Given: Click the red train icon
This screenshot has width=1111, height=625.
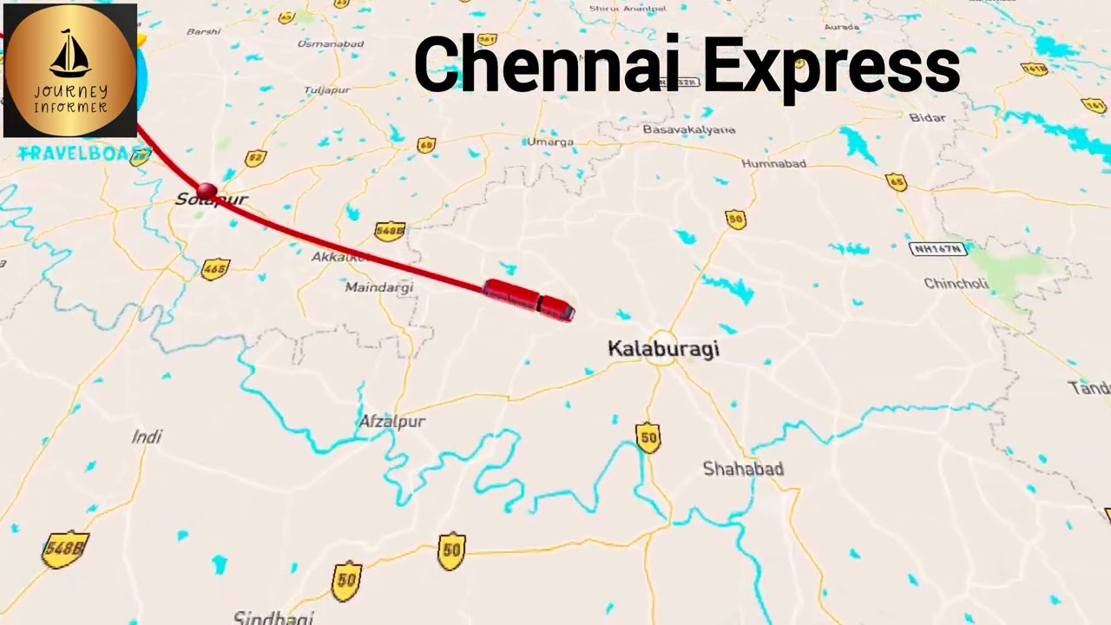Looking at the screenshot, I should tap(529, 300).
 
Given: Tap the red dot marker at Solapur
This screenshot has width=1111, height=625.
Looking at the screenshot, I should tap(207, 190).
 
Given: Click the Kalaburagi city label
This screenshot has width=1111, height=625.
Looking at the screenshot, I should tap(663, 349).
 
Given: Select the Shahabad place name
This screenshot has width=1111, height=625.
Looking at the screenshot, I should tap(743, 469).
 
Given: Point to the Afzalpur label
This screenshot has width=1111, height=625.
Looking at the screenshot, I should tap(392, 422).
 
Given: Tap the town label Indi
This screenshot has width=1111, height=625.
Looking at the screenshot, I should tap(147, 437).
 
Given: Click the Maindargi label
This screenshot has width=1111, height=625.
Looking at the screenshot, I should tap(379, 287).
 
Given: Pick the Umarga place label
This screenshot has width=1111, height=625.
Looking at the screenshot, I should tap(550, 141).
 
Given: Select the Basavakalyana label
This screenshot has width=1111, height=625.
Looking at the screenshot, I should tap(688, 130).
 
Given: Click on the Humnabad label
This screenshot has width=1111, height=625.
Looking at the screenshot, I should tap(773, 164).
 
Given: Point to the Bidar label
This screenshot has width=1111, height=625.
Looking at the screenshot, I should tap(927, 118).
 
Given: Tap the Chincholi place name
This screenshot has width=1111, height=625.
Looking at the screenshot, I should tap(956, 284).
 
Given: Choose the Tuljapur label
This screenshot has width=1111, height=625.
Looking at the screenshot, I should tap(326, 90).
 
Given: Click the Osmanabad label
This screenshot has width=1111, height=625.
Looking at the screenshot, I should tap(330, 43).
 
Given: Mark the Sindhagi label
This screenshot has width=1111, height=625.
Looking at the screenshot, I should tap(273, 617).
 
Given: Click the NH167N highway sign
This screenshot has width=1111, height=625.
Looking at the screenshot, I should tap(937, 249).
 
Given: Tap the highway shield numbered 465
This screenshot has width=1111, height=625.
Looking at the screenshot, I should tap(214, 269).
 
